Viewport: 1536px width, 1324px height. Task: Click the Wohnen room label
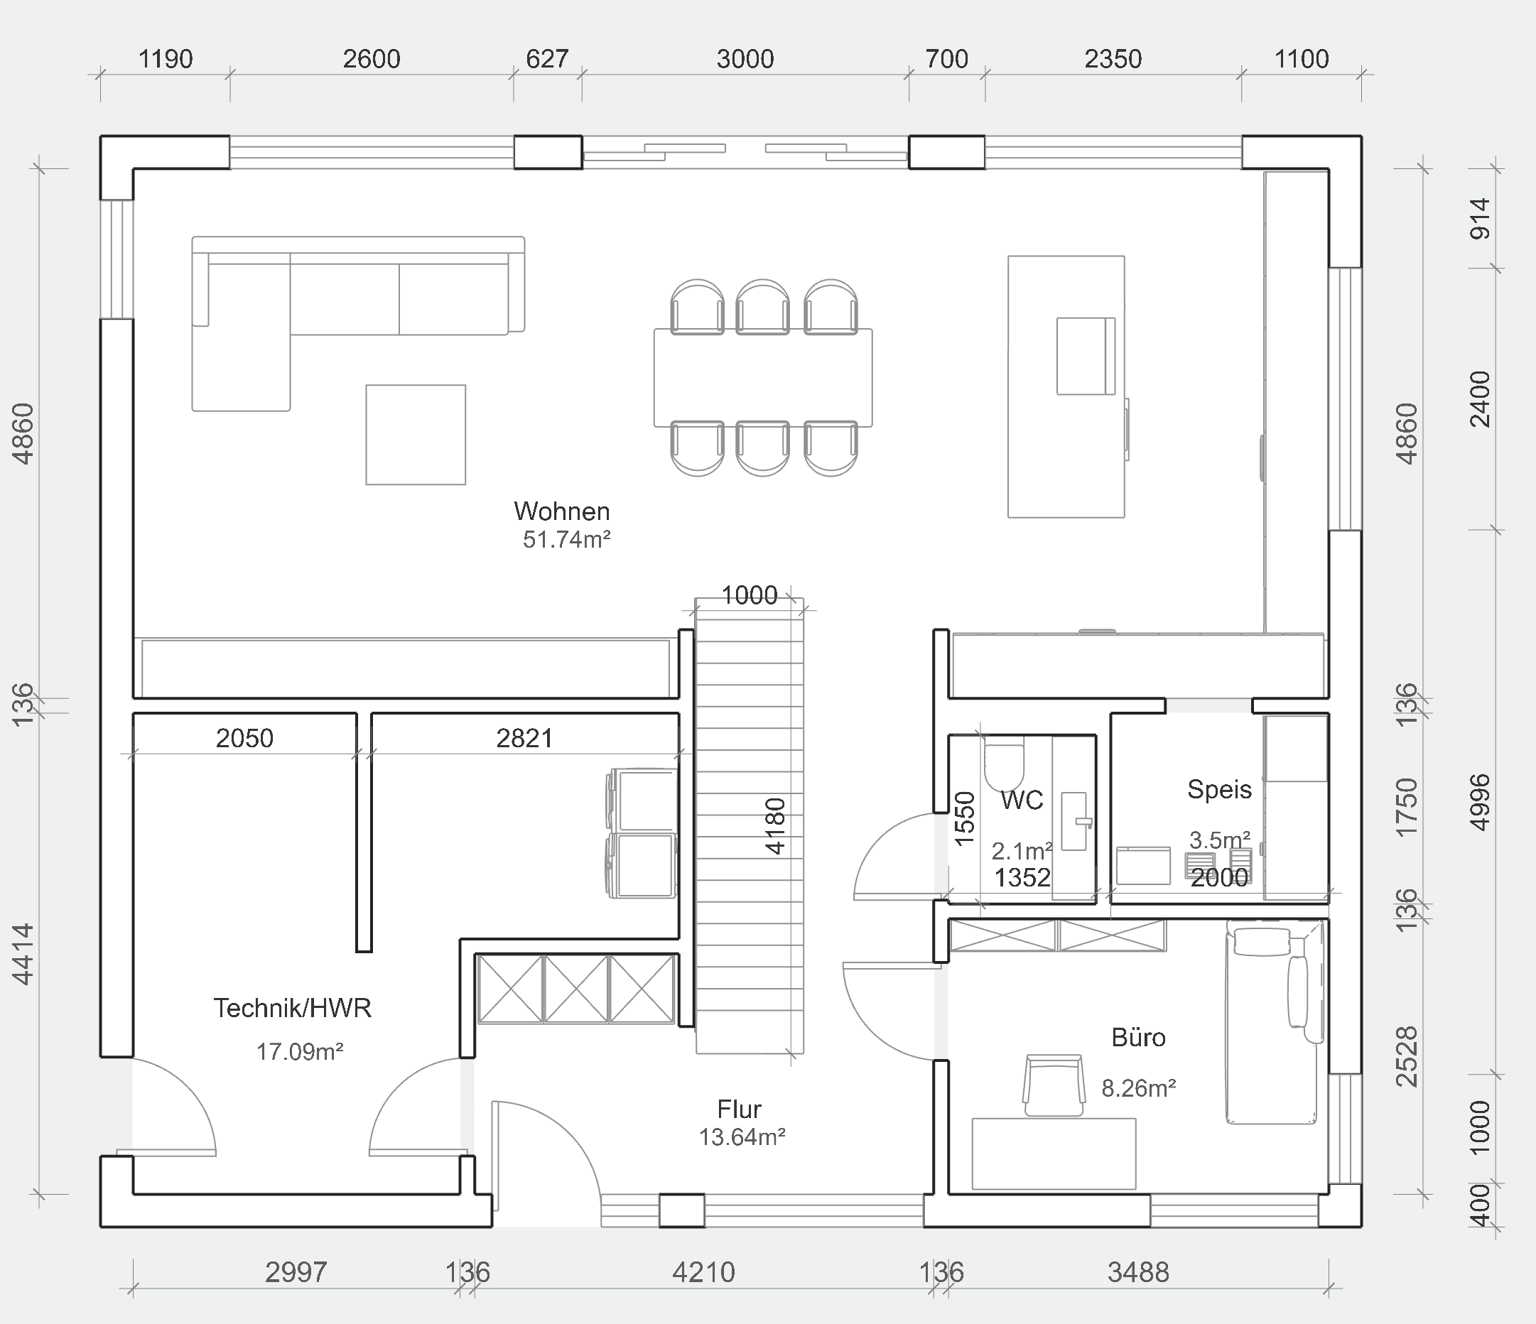pyautogui.click(x=562, y=511)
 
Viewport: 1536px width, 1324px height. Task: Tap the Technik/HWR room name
pyautogui.click(x=292, y=1008)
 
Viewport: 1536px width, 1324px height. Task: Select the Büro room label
pyautogui.click(x=1139, y=1037)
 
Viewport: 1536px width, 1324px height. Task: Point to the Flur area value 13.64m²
pyautogui.click(x=742, y=1137)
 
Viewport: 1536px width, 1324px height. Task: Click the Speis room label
pyautogui.click(x=1219, y=790)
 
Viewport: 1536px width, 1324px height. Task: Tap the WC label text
pyautogui.click(x=1022, y=800)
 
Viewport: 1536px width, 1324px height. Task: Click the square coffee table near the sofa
pyautogui.click(x=416, y=435)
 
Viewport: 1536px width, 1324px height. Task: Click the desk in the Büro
pyautogui.click(x=1054, y=1154)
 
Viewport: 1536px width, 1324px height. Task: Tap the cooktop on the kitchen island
pyautogui.click(x=1086, y=356)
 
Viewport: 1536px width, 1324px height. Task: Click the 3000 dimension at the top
pyautogui.click(x=745, y=58)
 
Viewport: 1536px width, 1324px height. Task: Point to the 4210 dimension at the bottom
pyautogui.click(x=703, y=1272)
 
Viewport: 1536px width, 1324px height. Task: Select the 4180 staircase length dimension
pyautogui.click(x=774, y=826)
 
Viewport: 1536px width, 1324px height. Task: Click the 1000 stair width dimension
pyautogui.click(x=750, y=595)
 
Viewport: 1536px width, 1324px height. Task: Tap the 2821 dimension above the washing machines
pyautogui.click(x=524, y=737)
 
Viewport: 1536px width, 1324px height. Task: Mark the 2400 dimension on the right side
pyautogui.click(x=1480, y=400)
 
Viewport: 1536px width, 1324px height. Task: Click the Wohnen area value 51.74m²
pyautogui.click(x=566, y=540)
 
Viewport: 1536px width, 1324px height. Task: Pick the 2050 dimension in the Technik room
pyautogui.click(x=244, y=737)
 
